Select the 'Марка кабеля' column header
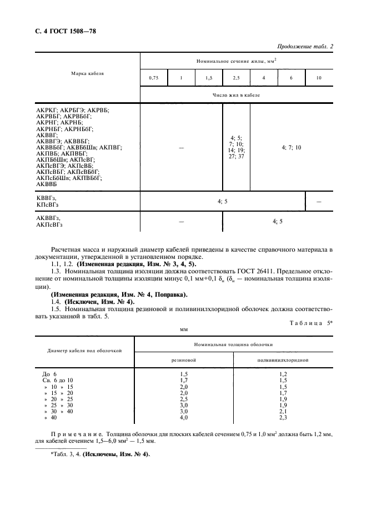87,73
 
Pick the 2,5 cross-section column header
236,78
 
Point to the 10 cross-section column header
319,78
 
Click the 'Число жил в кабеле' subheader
236,95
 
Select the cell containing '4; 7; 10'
291,147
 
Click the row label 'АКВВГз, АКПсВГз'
49,222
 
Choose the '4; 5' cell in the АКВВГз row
278,221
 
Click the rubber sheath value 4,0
184,417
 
